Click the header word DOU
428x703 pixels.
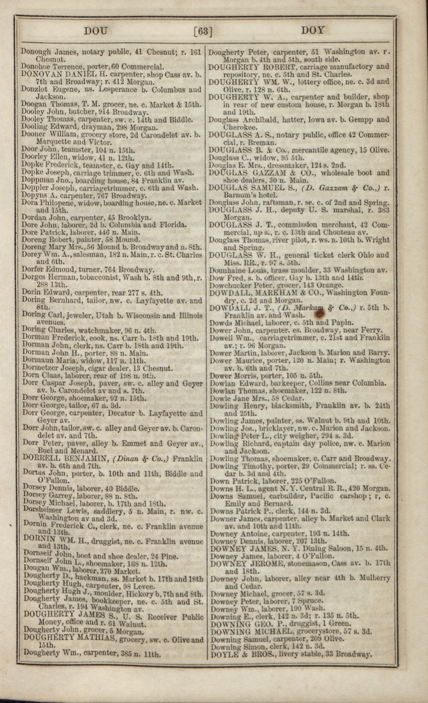pyautogui.click(x=98, y=31)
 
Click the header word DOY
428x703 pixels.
pyautogui.click(x=312, y=31)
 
